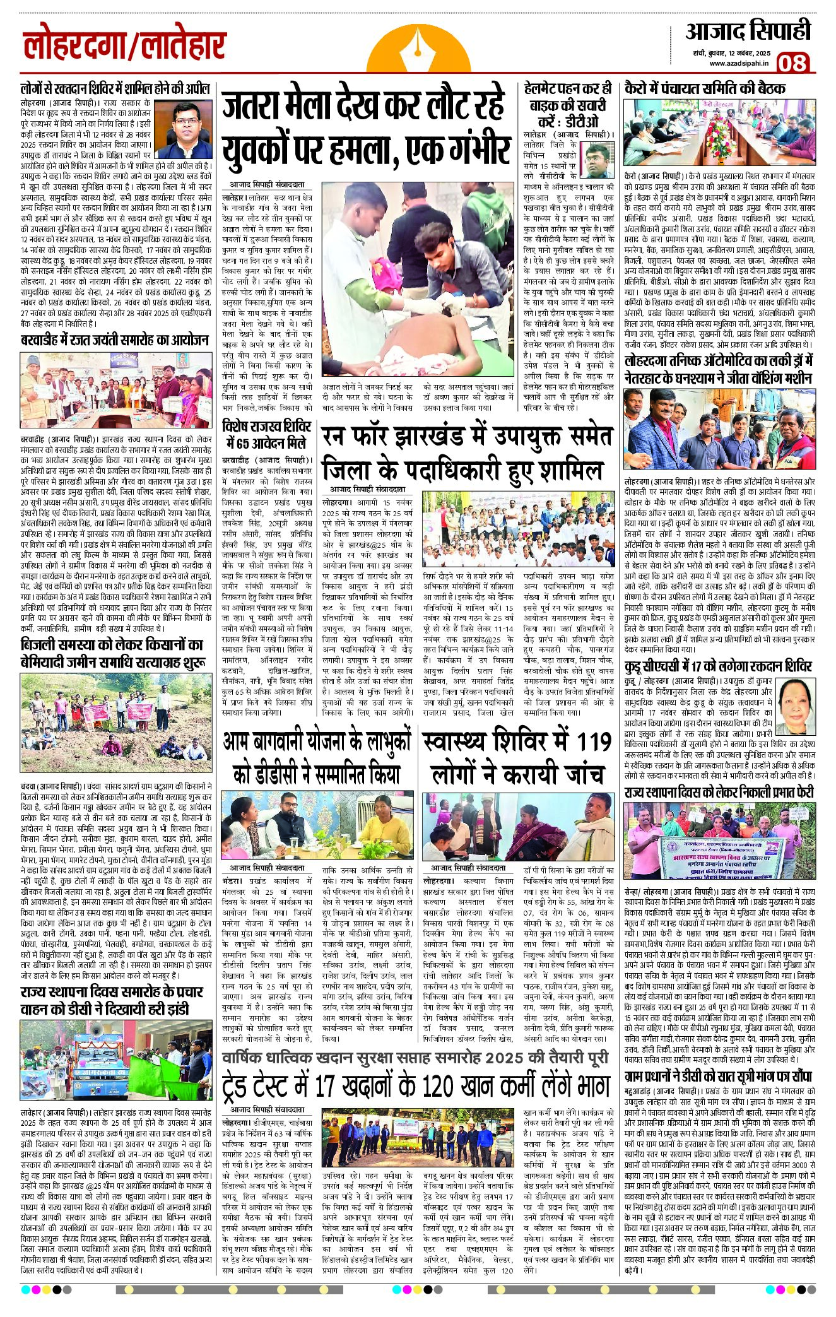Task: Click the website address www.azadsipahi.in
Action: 739,63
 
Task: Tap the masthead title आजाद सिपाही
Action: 748,32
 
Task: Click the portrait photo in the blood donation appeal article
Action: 184,129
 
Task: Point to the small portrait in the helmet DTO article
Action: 596,160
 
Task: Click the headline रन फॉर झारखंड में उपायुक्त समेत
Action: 467,437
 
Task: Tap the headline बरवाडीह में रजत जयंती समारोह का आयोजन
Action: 114,340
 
